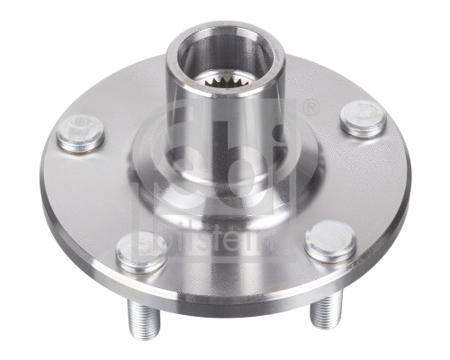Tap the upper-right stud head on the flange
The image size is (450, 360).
(x=364, y=119)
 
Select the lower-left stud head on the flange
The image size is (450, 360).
(x=141, y=252)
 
